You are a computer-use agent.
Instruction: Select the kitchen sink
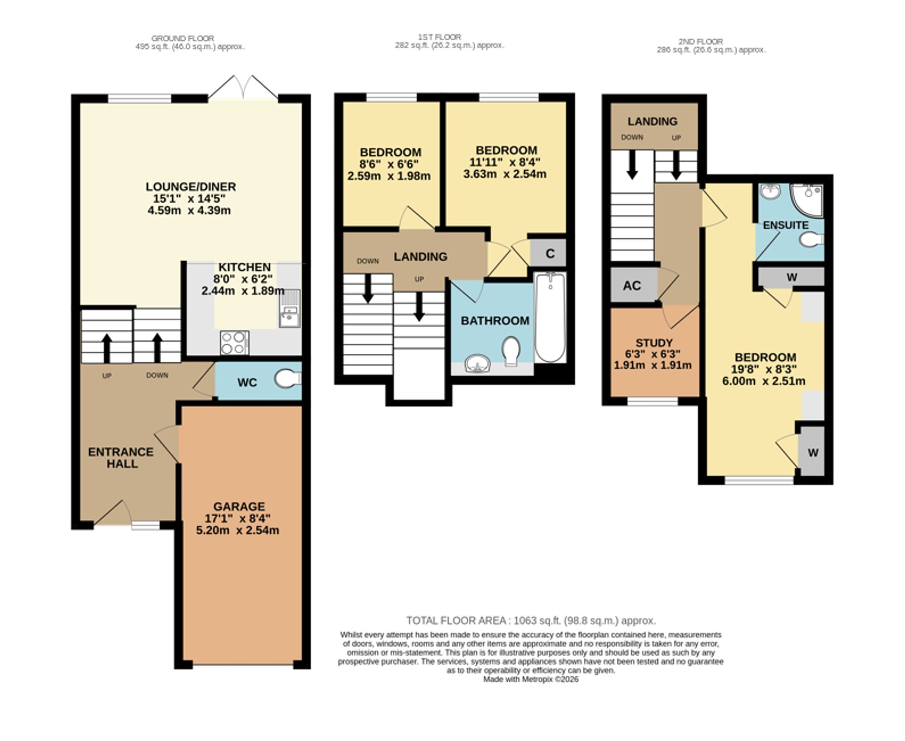(290, 308)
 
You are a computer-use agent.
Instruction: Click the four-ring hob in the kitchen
(234, 342)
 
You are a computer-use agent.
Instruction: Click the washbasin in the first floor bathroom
(477, 363)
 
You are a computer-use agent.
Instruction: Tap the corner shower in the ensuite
(807, 200)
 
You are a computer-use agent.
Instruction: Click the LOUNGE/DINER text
(191, 186)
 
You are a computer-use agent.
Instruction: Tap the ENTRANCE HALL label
(121, 457)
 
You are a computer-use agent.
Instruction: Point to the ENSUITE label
(786, 225)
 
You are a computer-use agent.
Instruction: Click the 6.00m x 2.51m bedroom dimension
(764, 381)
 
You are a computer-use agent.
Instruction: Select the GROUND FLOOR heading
(183, 38)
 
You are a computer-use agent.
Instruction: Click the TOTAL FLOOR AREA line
(531, 620)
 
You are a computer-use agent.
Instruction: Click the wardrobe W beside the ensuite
(791, 277)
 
